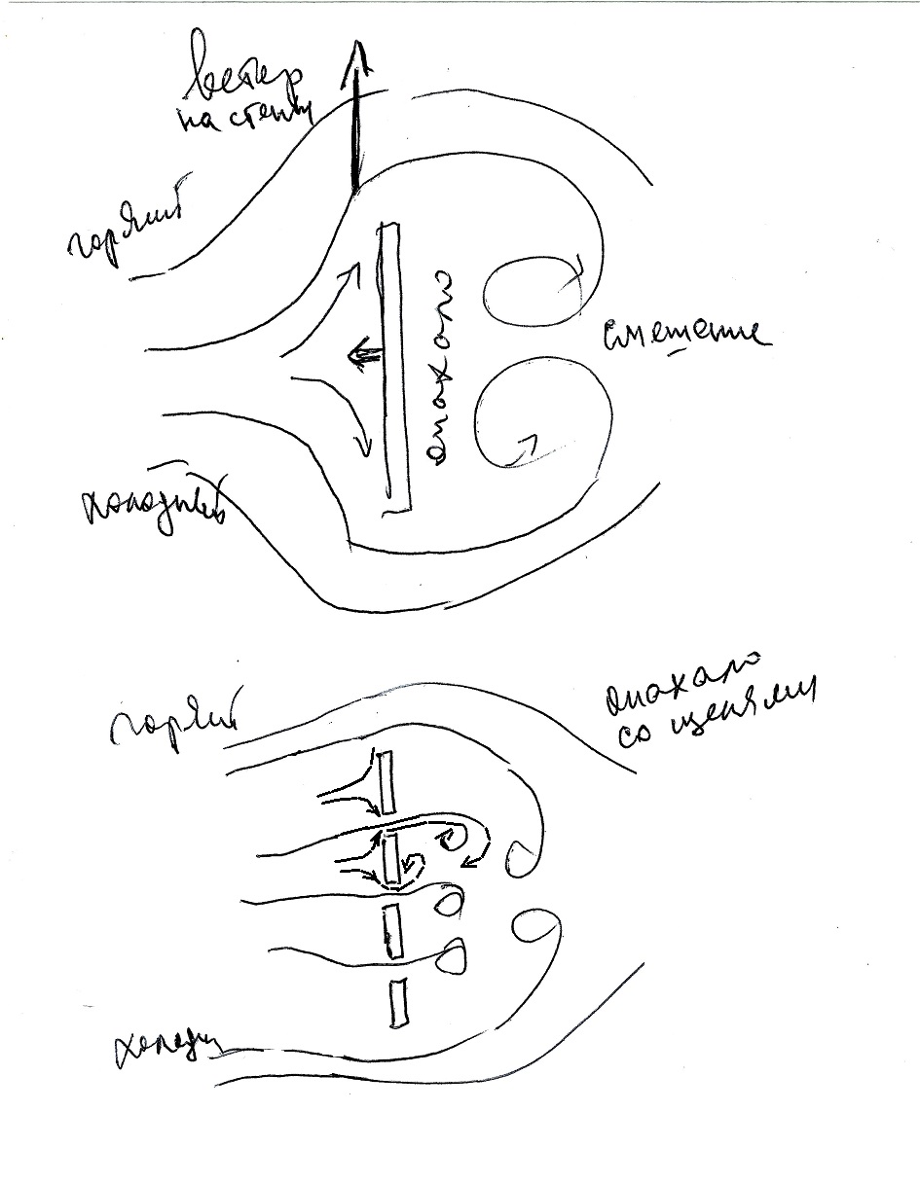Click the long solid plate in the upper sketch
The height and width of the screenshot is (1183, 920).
click(394, 366)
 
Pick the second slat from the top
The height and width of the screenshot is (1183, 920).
click(391, 859)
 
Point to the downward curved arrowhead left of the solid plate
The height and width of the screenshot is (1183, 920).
click(364, 448)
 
